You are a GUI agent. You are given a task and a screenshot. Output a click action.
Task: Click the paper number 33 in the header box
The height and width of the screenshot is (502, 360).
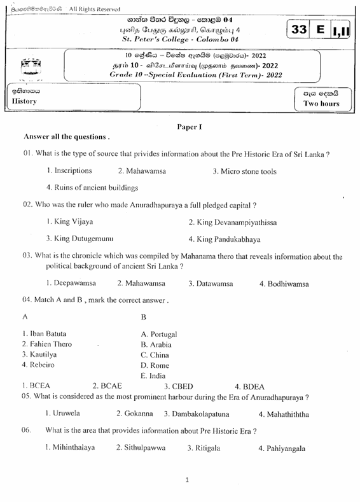(x=298, y=30)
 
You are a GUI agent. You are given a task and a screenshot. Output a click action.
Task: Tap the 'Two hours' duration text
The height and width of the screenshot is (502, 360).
(x=321, y=104)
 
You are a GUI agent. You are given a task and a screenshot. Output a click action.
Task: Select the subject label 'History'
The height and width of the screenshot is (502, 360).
(x=24, y=101)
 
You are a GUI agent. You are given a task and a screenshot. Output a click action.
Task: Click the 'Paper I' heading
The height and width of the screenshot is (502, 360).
(x=189, y=127)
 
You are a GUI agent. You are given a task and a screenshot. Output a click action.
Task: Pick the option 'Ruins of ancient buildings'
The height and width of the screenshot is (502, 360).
(x=92, y=188)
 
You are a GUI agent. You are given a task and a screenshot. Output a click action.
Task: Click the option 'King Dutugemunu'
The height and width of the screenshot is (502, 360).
(x=80, y=239)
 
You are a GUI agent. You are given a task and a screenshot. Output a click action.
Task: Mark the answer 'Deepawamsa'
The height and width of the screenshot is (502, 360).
(x=71, y=283)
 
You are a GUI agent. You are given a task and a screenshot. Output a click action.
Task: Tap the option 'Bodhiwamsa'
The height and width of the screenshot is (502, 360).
(x=284, y=283)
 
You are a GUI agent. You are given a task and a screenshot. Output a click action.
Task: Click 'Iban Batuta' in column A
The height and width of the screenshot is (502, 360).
(x=44, y=333)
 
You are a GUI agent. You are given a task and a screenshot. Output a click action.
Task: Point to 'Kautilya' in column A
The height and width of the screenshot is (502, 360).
(x=39, y=354)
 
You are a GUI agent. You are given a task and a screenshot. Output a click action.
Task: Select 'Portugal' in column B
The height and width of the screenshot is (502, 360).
(x=159, y=334)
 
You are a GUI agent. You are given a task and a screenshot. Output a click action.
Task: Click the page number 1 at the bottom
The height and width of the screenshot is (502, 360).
(x=187, y=480)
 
